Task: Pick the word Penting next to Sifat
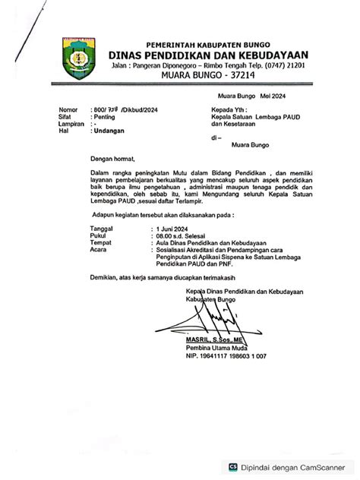pyautogui.click(x=104, y=117)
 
